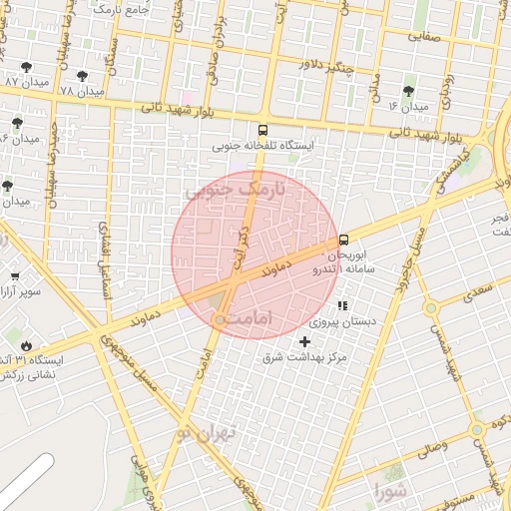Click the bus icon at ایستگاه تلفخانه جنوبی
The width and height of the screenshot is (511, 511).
pos(262,129)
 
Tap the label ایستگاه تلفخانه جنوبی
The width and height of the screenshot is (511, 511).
pos(262,146)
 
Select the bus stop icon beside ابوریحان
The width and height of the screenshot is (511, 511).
pos(344,240)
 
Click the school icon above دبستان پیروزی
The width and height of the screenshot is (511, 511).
pos(343,305)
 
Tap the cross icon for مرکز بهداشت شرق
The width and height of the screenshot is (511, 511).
pos(305,342)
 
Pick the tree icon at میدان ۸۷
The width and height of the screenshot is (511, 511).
pos(27,66)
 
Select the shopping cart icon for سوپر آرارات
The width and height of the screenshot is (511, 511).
pos(14,276)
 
